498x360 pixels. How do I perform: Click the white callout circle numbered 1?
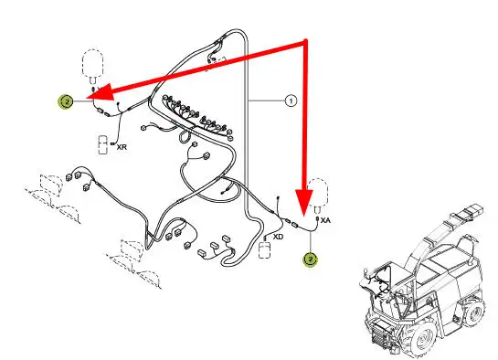(291, 101)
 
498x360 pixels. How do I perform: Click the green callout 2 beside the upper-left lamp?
(66, 101)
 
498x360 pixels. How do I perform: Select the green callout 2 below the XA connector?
(311, 259)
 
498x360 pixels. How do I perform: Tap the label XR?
(122, 147)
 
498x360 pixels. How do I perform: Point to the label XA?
(325, 220)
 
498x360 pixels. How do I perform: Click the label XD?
(278, 237)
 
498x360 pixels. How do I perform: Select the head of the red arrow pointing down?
(304, 203)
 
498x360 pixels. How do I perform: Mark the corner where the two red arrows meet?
(305, 42)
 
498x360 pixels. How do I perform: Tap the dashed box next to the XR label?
(103, 145)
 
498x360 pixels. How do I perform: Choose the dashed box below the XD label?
(265, 250)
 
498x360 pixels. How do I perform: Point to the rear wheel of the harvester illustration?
(473, 312)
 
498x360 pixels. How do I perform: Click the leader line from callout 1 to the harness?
(267, 101)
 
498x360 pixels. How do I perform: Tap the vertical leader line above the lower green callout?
(311, 241)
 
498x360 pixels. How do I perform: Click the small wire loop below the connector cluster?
(185, 137)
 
